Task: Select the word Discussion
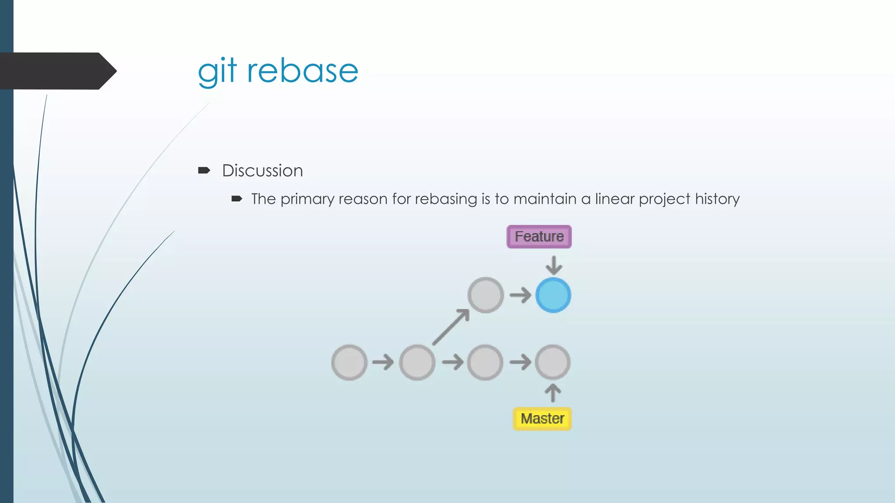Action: tap(262, 171)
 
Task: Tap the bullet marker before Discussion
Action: tap(204, 170)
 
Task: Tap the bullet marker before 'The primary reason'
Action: tap(236, 199)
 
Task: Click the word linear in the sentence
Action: tap(614, 199)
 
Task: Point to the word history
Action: tap(717, 199)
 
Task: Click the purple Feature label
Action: tap(539, 237)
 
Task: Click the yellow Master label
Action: tap(542, 419)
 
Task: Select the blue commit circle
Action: tap(553, 295)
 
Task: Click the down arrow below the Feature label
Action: tap(554, 265)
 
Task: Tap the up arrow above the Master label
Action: tap(553, 393)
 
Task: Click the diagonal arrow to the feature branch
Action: tap(451, 327)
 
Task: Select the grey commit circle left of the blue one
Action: tap(486, 295)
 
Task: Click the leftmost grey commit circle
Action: tap(349, 362)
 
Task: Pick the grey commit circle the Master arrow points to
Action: tap(553, 362)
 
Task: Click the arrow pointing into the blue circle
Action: tap(520, 296)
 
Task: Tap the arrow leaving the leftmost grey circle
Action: tap(383, 362)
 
